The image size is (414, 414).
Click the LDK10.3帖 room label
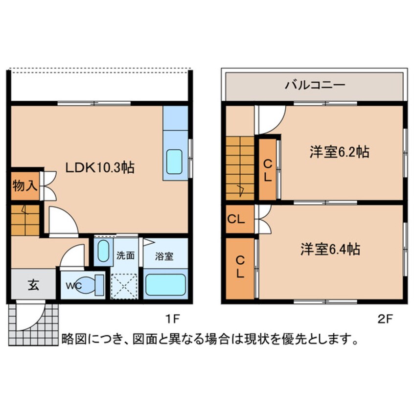click(x=100, y=168)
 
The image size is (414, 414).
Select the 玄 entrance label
click(x=33, y=285)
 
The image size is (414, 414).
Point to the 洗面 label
click(x=125, y=255)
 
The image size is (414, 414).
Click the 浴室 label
click(x=164, y=255)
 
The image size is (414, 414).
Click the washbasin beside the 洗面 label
click(x=103, y=252)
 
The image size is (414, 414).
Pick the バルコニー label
click(x=316, y=85)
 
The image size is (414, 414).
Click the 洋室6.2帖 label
click(x=339, y=152)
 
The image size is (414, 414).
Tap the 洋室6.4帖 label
click(x=330, y=249)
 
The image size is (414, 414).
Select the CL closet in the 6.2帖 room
click(x=267, y=170)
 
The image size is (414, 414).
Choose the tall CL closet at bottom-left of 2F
click(x=239, y=267)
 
